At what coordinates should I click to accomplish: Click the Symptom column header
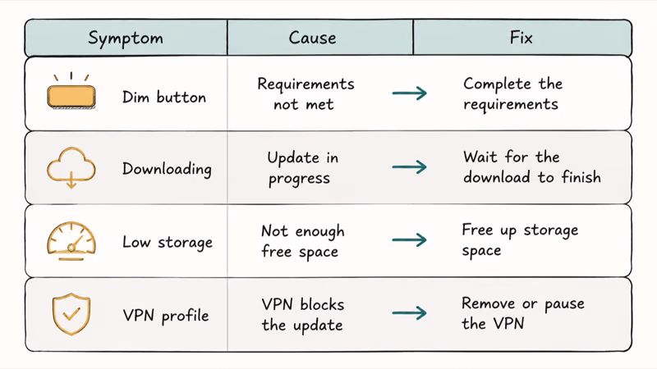click(x=126, y=39)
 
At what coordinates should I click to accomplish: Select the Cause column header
click(x=312, y=38)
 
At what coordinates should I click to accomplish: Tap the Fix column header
click(x=521, y=38)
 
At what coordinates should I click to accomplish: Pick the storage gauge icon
click(x=71, y=241)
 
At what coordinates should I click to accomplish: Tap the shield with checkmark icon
click(x=71, y=314)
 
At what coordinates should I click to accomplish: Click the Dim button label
click(x=164, y=97)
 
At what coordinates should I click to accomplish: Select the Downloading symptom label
click(x=167, y=170)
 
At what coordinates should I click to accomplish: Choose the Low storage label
click(x=168, y=242)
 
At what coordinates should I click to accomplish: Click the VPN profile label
click(x=166, y=316)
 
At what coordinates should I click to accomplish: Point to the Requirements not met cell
click(x=306, y=93)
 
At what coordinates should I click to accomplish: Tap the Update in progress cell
click(x=302, y=168)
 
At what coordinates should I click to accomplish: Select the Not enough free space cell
click(x=302, y=241)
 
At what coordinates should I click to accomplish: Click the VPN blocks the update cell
click(x=302, y=315)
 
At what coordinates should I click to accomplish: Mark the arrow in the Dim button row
click(x=409, y=93)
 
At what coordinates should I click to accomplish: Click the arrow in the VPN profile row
click(x=409, y=313)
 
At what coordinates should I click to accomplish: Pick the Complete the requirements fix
click(x=512, y=93)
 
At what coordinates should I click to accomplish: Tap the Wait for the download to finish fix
click(x=532, y=167)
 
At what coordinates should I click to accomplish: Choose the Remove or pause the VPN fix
click(x=523, y=313)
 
